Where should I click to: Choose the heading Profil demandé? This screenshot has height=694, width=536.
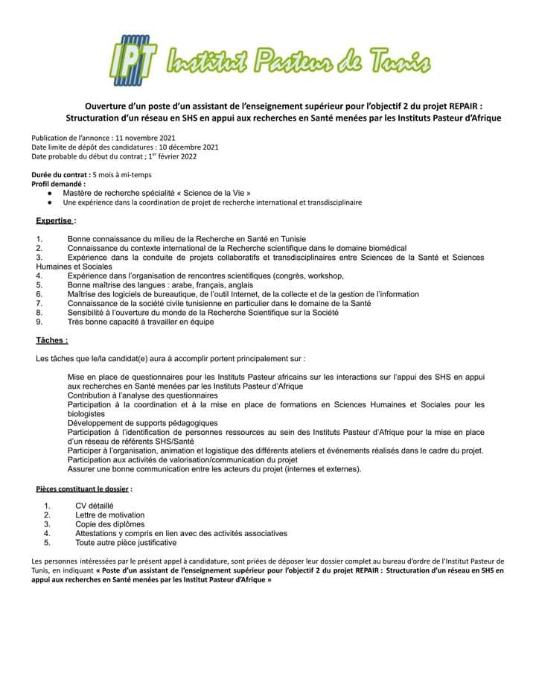[x=58, y=183]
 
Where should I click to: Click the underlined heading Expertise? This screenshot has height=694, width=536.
[x=56, y=220]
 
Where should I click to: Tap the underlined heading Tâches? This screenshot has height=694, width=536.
[x=52, y=340]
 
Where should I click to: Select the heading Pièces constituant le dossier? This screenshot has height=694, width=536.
[x=83, y=488]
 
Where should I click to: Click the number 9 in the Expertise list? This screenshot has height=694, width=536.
[x=39, y=322]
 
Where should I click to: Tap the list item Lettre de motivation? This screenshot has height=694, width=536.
[x=110, y=515]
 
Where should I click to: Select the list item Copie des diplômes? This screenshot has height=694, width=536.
[x=110, y=524]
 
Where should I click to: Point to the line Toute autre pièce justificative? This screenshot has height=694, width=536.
[x=126, y=542]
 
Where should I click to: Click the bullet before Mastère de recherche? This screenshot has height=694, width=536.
[x=48, y=193]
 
